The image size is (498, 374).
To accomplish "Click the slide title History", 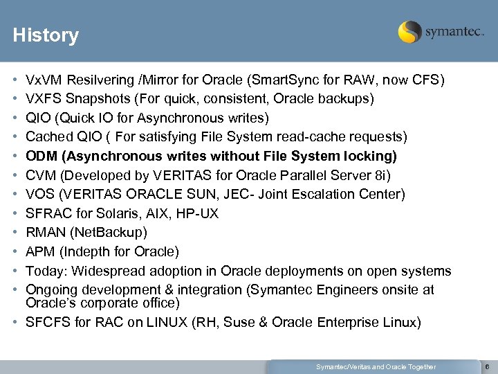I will coord(46,35).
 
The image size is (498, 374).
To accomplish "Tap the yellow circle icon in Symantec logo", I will coord(410,32).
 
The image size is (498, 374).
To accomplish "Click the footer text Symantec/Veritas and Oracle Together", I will coord(376,366).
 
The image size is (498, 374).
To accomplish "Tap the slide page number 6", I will coord(487,366).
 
